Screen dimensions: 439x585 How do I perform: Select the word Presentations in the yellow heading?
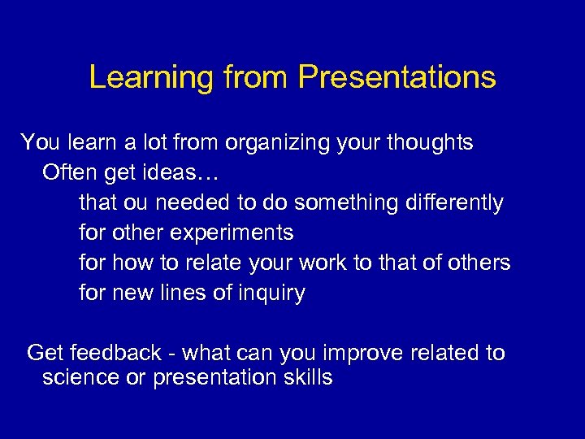tap(396, 77)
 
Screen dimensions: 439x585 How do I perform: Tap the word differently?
tap(456, 202)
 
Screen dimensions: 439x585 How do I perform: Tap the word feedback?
tap(115, 353)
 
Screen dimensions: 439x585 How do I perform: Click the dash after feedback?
tap(171, 354)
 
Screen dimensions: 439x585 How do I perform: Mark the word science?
tap(78, 378)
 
